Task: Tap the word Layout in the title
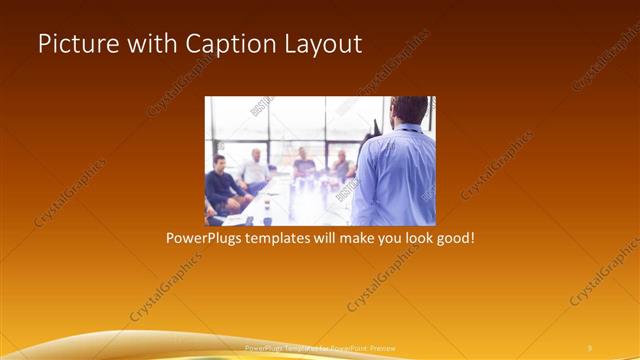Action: [319, 45]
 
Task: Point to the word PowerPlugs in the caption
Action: [205, 240]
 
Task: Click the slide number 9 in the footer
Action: [590, 347]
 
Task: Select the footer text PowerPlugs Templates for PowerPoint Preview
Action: [320, 347]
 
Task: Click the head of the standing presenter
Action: [409, 110]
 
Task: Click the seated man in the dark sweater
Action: [221, 185]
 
